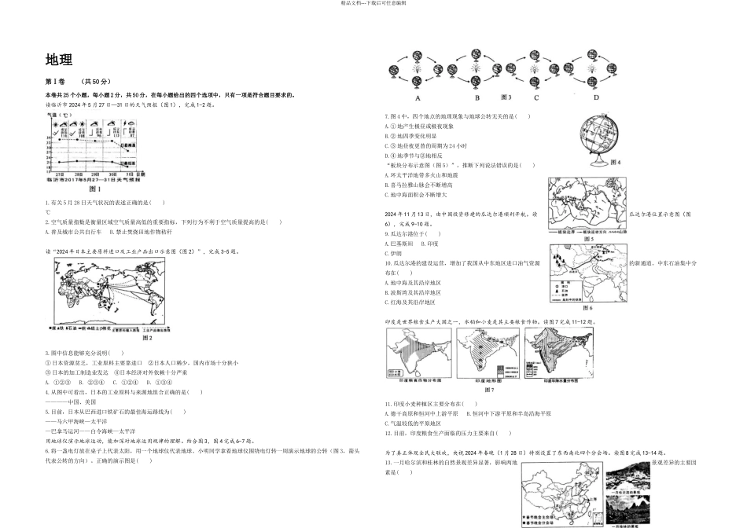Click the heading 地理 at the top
(x=59, y=61)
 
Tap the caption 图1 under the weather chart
(x=95, y=189)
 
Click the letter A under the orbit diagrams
(x=418, y=98)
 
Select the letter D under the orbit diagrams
(x=595, y=98)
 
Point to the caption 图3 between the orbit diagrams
(x=505, y=97)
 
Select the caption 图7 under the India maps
(x=488, y=390)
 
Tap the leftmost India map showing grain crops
(x=418, y=354)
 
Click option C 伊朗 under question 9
(x=396, y=254)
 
